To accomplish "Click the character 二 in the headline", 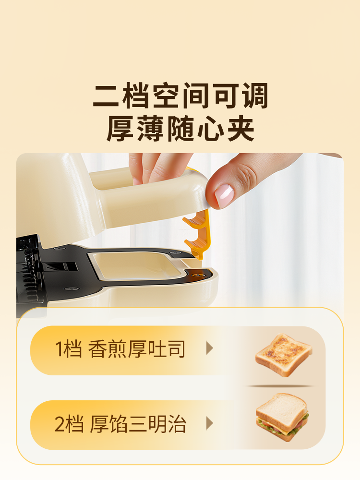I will click(107, 96).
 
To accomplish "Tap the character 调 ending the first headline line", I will click(253, 96).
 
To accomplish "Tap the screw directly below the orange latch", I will click(195, 275).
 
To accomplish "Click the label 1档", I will click(69, 349).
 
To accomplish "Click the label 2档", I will click(69, 424).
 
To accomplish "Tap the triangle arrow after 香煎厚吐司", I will click(209, 348).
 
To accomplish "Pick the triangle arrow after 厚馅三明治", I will click(209, 423).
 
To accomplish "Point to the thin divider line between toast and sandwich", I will click(281, 385).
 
